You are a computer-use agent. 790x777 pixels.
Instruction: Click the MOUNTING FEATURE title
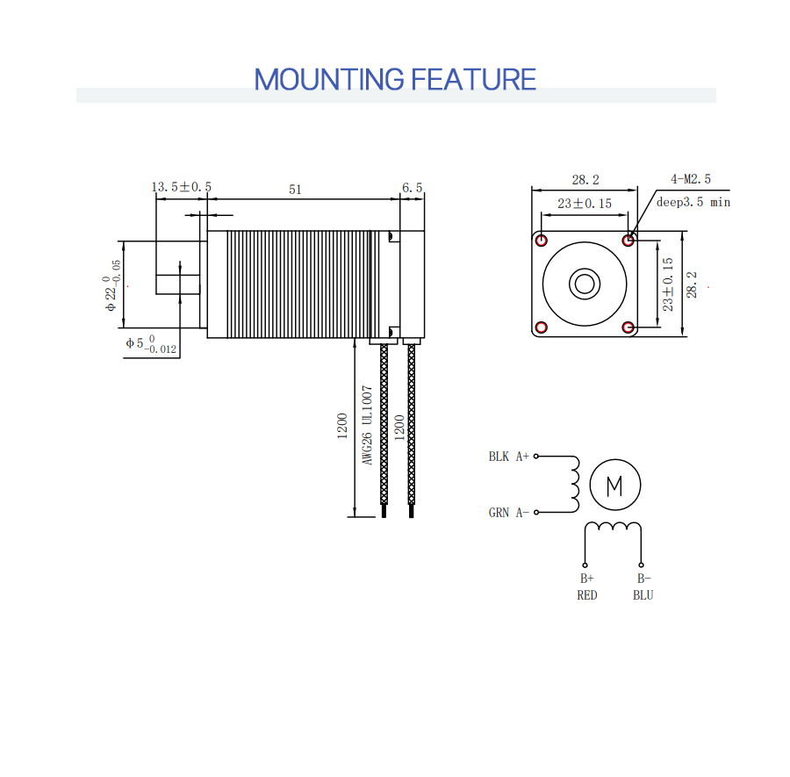pos(395,80)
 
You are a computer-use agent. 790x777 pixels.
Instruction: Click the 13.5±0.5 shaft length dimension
pos(182,187)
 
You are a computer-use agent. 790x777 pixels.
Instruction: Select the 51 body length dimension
pos(295,190)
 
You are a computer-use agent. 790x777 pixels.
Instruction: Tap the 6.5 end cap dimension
pos(413,188)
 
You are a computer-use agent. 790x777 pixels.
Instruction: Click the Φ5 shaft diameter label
pos(151,345)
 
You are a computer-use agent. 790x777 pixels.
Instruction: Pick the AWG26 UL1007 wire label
pos(367,425)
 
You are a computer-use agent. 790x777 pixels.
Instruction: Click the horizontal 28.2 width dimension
pos(585,180)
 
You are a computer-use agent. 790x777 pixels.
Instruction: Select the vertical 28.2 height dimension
pos(692,284)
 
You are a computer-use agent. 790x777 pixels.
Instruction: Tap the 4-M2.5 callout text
pos(691,179)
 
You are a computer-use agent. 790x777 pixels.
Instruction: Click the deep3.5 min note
pos(693,202)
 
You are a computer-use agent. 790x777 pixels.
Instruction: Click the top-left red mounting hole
pos(541,241)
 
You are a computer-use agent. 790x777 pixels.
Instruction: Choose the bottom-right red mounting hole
pos(628,327)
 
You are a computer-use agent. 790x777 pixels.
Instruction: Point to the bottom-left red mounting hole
pos(541,327)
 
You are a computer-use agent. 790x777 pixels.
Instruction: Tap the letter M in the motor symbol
pos(614,486)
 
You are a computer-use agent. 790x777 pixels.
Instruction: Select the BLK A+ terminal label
pos(508,457)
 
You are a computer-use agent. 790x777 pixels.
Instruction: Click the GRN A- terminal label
pos(508,513)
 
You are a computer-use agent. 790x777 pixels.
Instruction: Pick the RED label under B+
pos(587,595)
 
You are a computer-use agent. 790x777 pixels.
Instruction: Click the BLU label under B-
pos(643,595)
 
